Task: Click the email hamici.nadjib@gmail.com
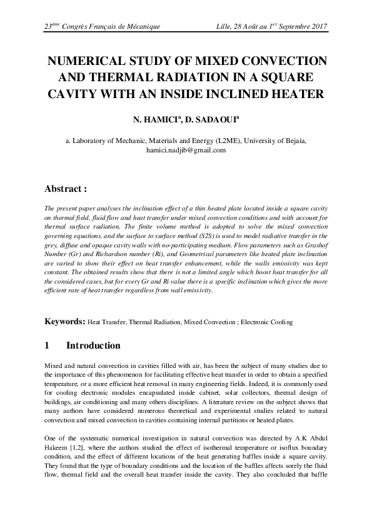[x=186, y=151]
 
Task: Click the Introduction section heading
[x=93, y=345]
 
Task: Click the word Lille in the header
[x=224, y=27]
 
